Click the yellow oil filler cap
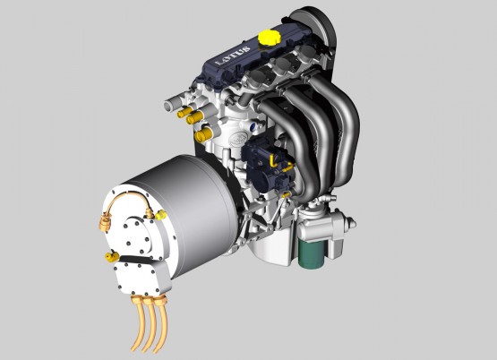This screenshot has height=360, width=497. pyautogui.click(x=270, y=38)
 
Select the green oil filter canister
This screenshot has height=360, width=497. pyautogui.click(x=311, y=253)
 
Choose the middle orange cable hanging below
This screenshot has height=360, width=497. pyautogui.click(x=149, y=323)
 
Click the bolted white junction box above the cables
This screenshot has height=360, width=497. pyautogui.click(x=142, y=276)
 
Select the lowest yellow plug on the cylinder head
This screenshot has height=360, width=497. pyautogui.click(x=203, y=135)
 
